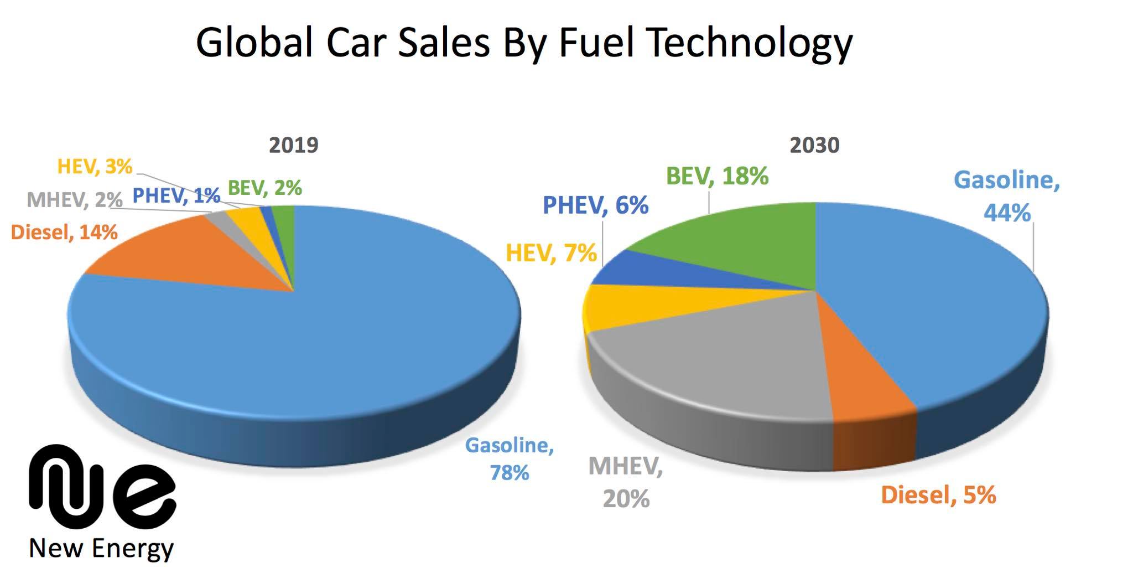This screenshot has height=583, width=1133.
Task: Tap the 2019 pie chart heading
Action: [294, 145]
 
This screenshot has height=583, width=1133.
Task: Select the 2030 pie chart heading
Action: [814, 145]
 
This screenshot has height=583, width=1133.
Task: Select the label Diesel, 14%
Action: [64, 233]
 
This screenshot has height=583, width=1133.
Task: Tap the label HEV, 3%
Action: [95, 167]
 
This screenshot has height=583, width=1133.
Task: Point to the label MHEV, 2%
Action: [74, 200]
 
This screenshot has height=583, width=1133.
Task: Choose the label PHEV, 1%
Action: [176, 195]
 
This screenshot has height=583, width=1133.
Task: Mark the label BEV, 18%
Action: [717, 177]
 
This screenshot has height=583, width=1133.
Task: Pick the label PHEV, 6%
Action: [595, 205]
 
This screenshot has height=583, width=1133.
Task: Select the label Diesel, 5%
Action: [938, 495]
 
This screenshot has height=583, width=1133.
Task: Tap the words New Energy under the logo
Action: [101, 549]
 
